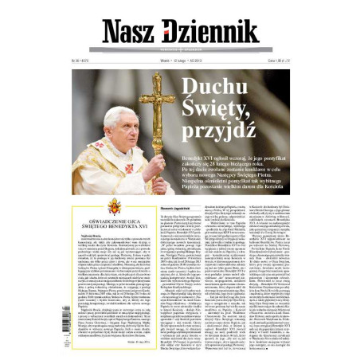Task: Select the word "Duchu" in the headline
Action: tap(208, 88)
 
